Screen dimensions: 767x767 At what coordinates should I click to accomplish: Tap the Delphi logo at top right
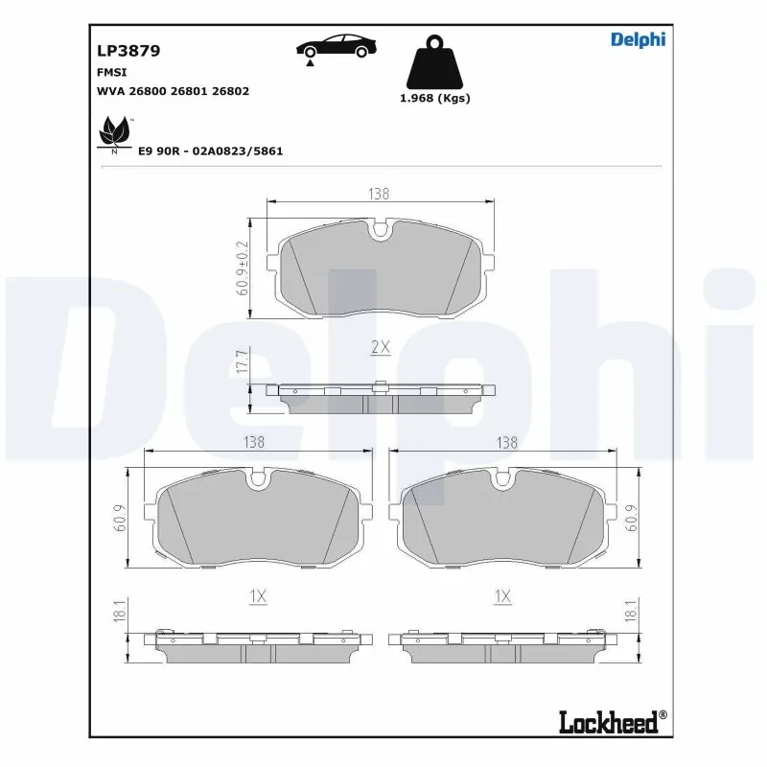[638, 39]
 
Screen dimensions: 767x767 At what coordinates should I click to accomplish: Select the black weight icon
[433, 62]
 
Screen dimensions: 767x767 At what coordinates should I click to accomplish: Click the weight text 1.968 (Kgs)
[433, 98]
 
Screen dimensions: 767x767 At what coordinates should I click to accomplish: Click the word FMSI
[112, 72]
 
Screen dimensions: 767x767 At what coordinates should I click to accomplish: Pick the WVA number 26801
[199, 91]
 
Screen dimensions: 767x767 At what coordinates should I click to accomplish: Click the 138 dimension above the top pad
[379, 194]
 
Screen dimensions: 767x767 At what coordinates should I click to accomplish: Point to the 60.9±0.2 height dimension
[243, 267]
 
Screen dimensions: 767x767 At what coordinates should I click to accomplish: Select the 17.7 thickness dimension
[243, 363]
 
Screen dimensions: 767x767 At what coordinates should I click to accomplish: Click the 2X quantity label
[381, 348]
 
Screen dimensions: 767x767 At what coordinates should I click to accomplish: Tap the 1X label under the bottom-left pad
[257, 596]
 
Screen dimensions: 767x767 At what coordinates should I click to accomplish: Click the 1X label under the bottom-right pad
[501, 596]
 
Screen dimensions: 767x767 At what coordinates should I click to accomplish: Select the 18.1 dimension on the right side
[631, 612]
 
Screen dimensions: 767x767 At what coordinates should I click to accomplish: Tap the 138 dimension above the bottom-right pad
[507, 442]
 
